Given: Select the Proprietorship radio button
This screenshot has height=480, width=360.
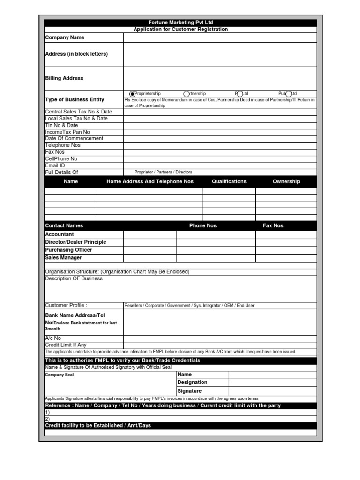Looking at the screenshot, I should [132, 94].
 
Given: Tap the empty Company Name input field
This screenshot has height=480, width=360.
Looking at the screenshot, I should [220, 37].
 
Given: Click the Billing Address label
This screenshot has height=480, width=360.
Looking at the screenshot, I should [64, 78].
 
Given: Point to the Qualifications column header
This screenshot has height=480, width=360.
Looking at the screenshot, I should [229, 181].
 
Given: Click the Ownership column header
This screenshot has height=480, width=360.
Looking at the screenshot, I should [286, 181].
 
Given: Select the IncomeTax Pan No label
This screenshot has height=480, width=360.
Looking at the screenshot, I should [67, 132].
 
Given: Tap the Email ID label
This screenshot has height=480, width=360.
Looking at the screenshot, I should [55, 165].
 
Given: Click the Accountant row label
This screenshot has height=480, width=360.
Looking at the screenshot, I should [60, 234].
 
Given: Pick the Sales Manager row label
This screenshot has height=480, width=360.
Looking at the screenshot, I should [63, 258].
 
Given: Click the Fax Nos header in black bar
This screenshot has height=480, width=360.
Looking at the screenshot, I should [273, 225].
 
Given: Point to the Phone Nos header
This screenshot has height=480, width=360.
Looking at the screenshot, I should [203, 225].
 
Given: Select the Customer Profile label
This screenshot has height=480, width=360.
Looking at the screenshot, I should [66, 305].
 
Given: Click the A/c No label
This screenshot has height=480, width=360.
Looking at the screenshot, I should [53, 338].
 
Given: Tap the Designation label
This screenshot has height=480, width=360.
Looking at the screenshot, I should [192, 382].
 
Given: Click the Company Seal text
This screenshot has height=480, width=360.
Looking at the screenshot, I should [59, 375].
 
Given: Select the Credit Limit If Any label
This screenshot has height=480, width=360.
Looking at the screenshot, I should [66, 345].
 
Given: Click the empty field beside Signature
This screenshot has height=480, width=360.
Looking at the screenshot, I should [273, 391].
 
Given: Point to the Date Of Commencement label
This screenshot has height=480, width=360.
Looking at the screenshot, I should [74, 139].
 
